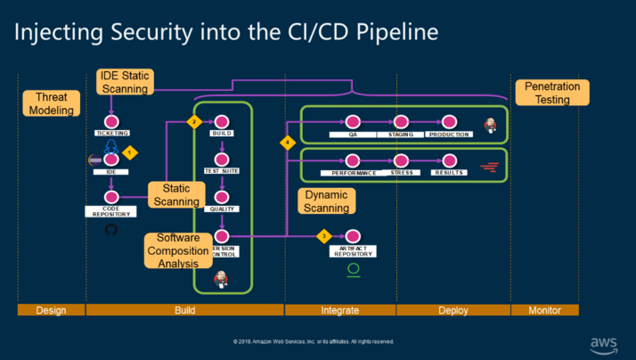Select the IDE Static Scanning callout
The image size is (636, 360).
[x=125, y=81]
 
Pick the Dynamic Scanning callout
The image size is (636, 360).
[x=325, y=200]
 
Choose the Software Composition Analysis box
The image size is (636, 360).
[x=178, y=250]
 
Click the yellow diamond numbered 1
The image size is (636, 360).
[x=130, y=152]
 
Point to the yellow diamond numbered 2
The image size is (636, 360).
[x=193, y=121]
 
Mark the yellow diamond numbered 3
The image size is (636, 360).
[x=324, y=236]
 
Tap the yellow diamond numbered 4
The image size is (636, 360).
[x=287, y=143]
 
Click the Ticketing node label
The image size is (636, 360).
[x=112, y=133]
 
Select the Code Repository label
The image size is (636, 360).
[x=112, y=211]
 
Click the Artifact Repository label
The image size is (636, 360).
[x=354, y=251]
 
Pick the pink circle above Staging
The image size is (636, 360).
[x=401, y=121]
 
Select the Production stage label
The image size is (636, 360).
[x=448, y=134]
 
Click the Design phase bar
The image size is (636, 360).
[x=51, y=310]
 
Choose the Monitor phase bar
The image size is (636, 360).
[x=544, y=310]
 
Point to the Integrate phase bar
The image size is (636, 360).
[x=340, y=310]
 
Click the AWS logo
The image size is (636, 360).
[x=604, y=343]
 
